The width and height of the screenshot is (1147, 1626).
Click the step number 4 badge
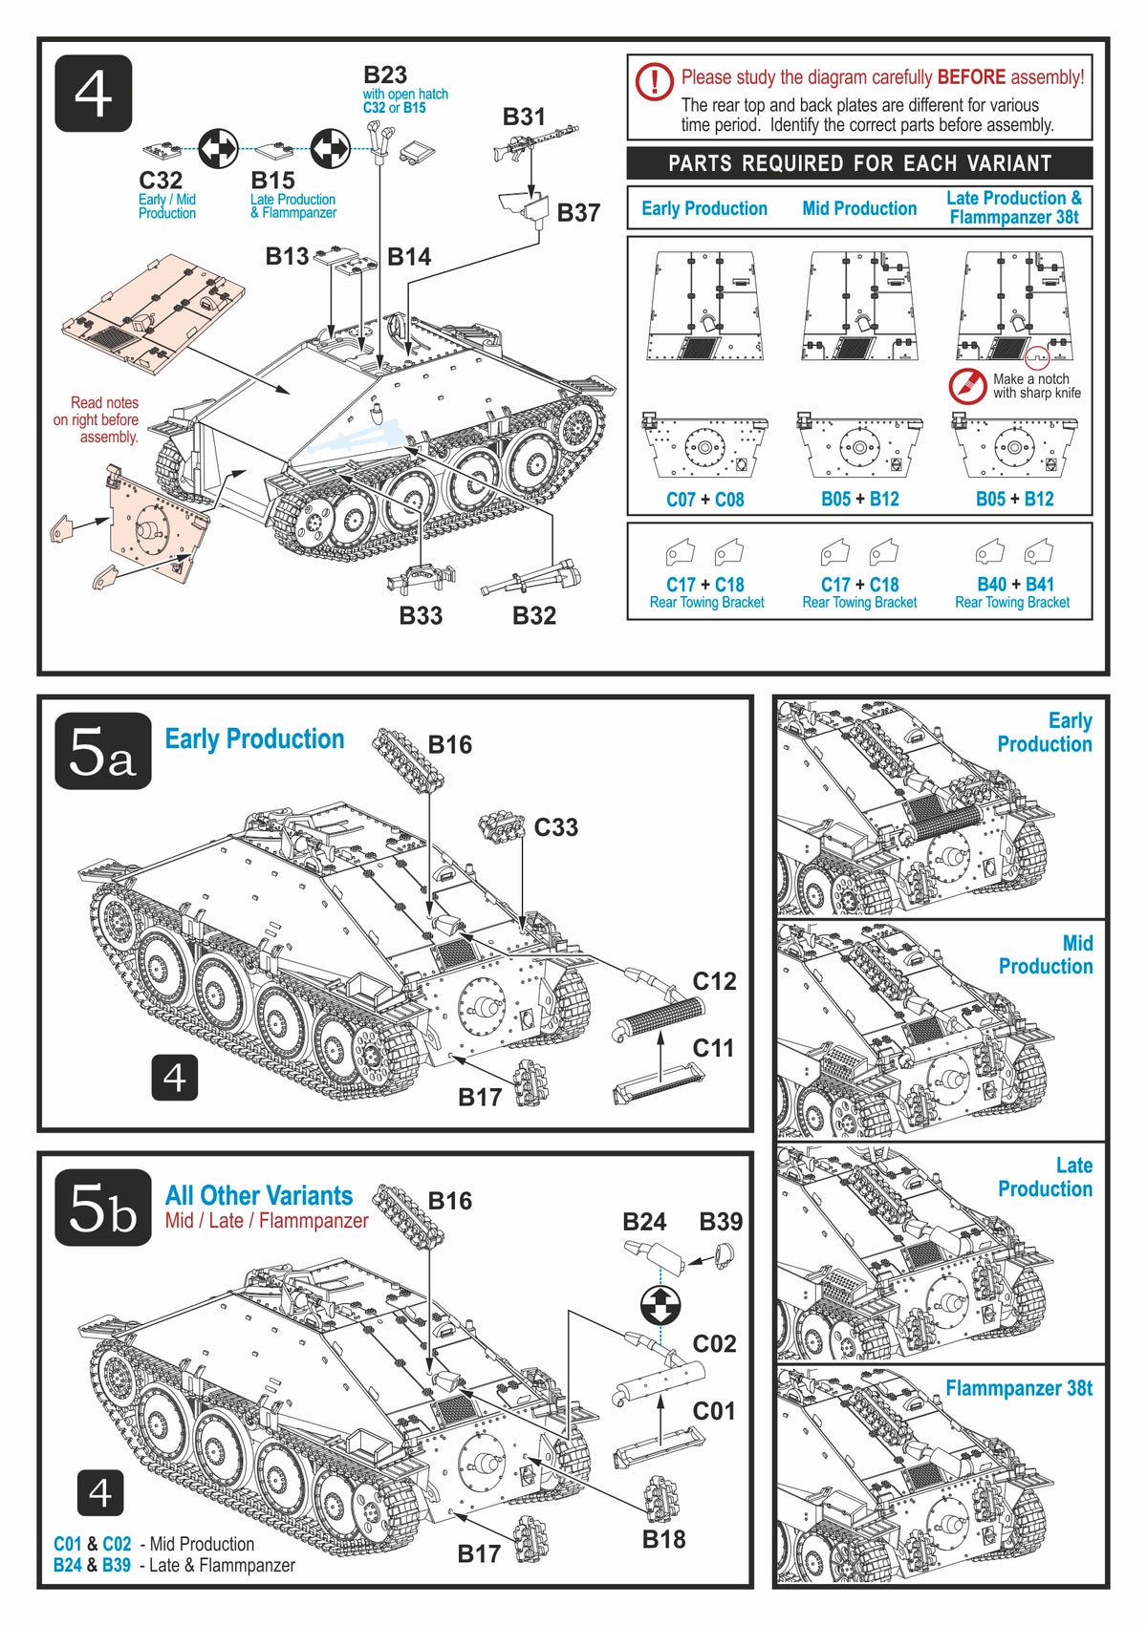[93, 94]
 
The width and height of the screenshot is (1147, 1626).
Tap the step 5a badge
[102, 751]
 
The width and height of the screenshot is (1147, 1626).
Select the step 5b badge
[102, 1208]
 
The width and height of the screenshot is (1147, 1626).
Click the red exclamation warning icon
[654, 81]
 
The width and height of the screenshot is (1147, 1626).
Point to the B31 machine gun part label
[524, 117]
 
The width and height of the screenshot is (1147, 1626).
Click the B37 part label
[578, 213]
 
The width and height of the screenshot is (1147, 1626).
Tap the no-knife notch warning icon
[967, 386]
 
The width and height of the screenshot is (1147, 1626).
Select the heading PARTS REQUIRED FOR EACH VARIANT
[859, 163]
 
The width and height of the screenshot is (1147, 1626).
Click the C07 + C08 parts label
[704, 499]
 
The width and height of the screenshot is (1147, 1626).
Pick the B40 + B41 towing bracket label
[1014, 584]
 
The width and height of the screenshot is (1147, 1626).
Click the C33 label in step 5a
[555, 827]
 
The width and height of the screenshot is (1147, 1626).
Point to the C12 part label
[714, 981]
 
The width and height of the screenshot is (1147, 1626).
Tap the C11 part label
[713, 1048]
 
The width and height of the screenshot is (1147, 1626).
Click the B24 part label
[644, 1222]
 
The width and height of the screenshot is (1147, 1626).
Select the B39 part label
[721, 1222]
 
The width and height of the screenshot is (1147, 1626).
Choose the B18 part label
[663, 1538]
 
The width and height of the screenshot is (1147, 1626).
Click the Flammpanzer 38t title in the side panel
[1018, 1388]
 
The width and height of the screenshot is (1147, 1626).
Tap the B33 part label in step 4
[421, 616]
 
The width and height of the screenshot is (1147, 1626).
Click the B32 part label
[534, 616]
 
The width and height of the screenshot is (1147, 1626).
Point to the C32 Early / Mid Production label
[161, 181]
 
